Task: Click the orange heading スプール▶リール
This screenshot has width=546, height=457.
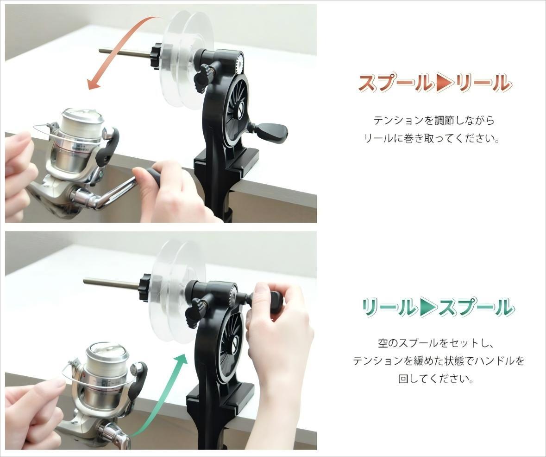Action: tap(435, 84)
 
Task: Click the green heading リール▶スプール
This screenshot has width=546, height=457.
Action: tap(437, 308)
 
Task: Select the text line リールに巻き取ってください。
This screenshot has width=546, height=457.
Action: tap(432, 139)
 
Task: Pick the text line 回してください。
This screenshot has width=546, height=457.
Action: tap(436, 379)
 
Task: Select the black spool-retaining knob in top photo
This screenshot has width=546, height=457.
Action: tap(156, 57)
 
